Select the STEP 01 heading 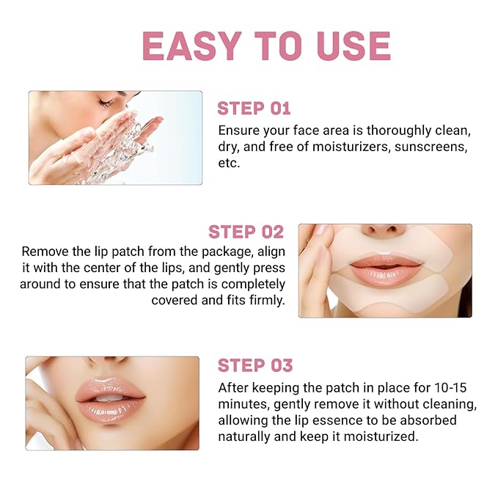254,109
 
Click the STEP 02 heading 246,232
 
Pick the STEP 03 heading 255,365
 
